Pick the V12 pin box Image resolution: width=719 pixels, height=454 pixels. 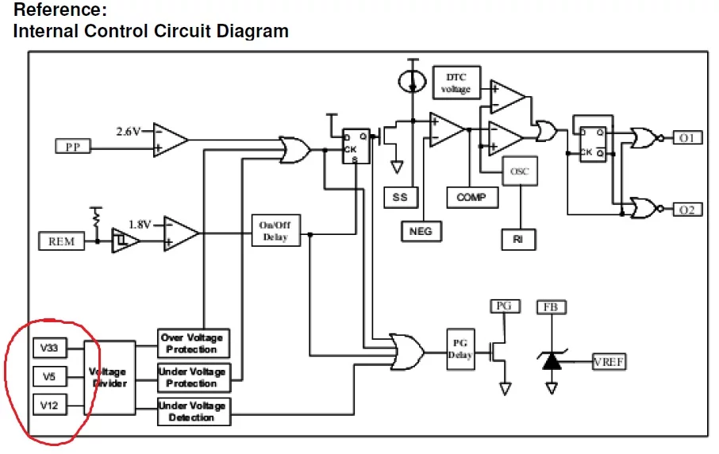(x=49, y=405)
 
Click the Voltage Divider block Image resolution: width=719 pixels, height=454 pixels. (x=108, y=378)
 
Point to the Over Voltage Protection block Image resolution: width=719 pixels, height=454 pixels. (x=192, y=343)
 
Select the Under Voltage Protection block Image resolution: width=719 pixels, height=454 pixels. (x=192, y=377)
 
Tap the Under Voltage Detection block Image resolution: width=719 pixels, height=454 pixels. (x=192, y=411)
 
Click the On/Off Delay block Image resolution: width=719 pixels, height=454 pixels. (x=275, y=231)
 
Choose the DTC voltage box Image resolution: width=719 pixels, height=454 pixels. (x=456, y=83)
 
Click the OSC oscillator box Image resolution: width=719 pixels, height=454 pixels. (x=519, y=171)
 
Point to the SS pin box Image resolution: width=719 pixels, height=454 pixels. (x=400, y=197)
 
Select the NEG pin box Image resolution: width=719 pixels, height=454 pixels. (x=421, y=231)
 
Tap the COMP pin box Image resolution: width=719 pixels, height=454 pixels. (x=472, y=197)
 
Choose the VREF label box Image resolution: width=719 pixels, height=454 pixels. (x=609, y=362)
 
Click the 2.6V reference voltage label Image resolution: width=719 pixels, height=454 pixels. (x=128, y=131)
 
